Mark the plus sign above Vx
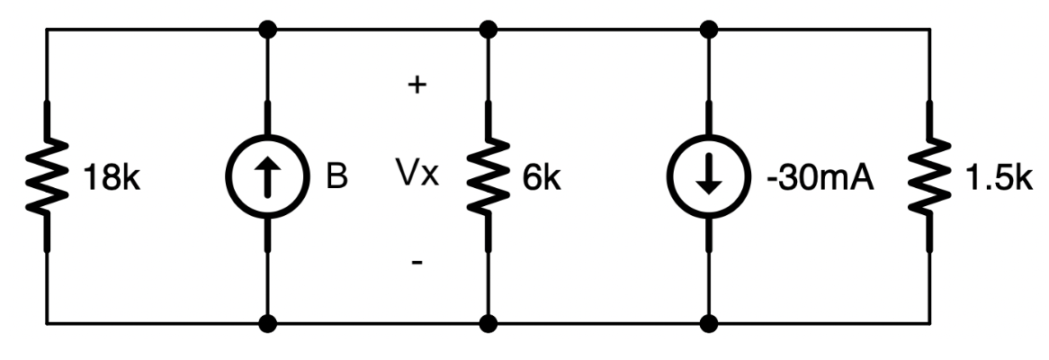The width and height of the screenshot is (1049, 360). [x=417, y=87]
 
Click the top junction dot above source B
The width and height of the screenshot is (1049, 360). [x=267, y=31]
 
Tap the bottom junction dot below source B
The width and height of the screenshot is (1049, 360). [x=267, y=322]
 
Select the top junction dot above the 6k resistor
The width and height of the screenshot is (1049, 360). [x=489, y=31]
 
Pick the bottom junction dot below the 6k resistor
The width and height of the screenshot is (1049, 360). [x=489, y=322]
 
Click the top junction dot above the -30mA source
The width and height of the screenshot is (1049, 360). [x=711, y=31]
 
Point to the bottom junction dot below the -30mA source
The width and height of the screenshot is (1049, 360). [x=711, y=322]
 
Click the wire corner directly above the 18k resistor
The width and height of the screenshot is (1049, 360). [x=46, y=31]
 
